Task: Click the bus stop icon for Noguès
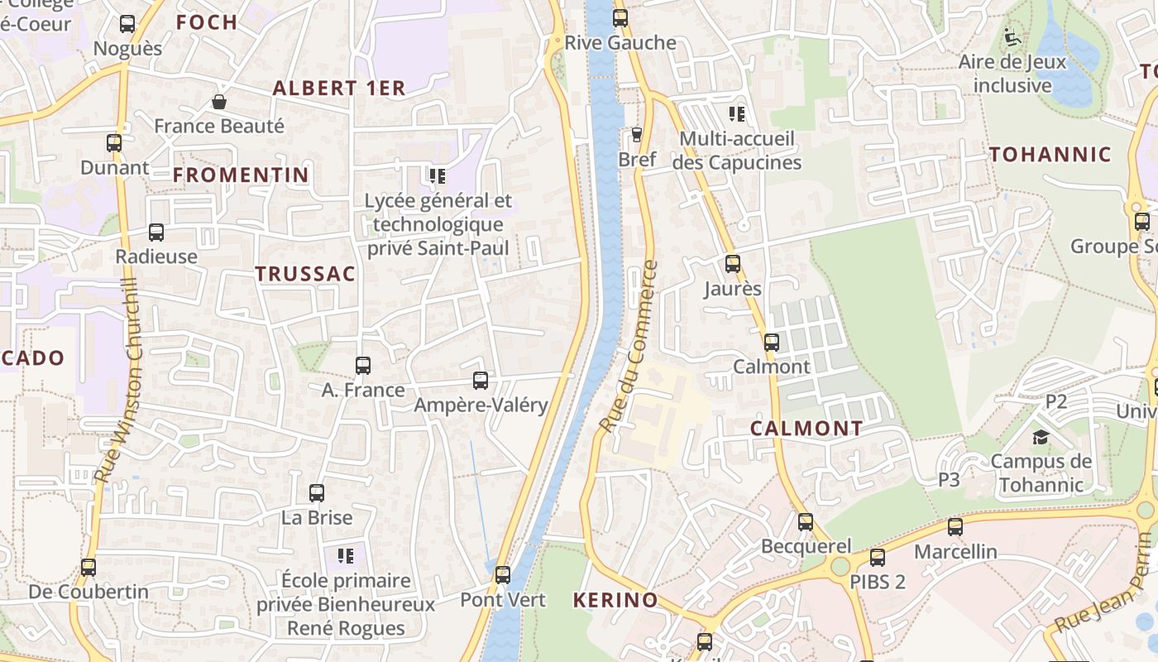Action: [x=127, y=24]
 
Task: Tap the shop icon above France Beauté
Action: [x=219, y=102]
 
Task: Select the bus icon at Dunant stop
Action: [x=114, y=143]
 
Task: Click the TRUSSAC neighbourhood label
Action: [x=305, y=274]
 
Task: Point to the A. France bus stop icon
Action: [x=362, y=365]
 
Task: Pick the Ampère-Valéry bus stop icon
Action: [x=481, y=381]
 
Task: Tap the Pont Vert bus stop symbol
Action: [x=503, y=575]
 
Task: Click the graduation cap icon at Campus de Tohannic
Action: [x=1041, y=437]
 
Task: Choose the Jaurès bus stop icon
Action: [x=733, y=264]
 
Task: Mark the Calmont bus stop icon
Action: [x=772, y=342]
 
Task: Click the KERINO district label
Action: [x=615, y=600]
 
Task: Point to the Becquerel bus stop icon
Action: [x=806, y=522]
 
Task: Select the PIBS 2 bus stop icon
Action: [x=878, y=557]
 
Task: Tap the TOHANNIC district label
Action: [x=1050, y=154]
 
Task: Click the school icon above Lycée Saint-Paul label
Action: [x=438, y=175]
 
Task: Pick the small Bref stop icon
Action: [x=636, y=134]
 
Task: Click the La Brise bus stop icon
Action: [x=317, y=493]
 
